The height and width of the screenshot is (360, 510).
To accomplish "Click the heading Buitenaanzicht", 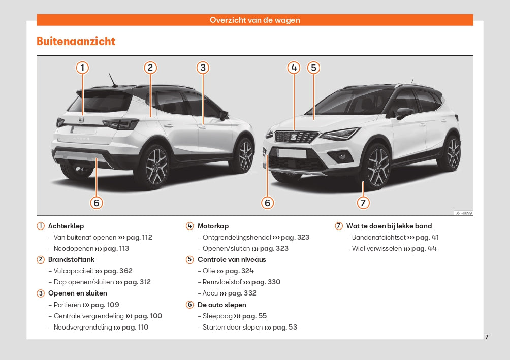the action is tap(76, 41).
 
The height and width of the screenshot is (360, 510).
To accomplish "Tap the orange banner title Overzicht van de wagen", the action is tap(254, 20).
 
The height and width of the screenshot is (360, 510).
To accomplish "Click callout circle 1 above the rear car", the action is tap(83, 68).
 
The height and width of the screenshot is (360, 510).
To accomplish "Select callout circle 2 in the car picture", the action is tap(150, 68).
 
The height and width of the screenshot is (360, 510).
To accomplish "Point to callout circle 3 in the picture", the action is tap(203, 68).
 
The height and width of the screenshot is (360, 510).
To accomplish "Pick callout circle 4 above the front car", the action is tap(294, 68).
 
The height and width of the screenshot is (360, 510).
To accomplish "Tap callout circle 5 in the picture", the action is tap(313, 68).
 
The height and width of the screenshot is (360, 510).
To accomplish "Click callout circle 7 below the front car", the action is tap(363, 203).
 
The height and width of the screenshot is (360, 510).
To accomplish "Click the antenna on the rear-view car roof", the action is tap(113, 80).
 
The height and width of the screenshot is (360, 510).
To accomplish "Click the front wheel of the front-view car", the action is tap(377, 168).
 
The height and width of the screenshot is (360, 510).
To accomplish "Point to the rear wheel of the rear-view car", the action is tap(155, 168).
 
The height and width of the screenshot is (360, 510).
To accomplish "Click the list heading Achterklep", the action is tap(66, 226).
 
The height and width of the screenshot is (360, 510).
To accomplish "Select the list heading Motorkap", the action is tap(213, 226).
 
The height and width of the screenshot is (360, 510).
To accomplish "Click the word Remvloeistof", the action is tap(222, 282).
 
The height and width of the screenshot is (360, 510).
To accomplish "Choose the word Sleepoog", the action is tap(217, 316).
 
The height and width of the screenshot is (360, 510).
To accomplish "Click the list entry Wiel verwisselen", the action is tap(376, 248).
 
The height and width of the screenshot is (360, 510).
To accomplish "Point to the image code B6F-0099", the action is tap(463, 213).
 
